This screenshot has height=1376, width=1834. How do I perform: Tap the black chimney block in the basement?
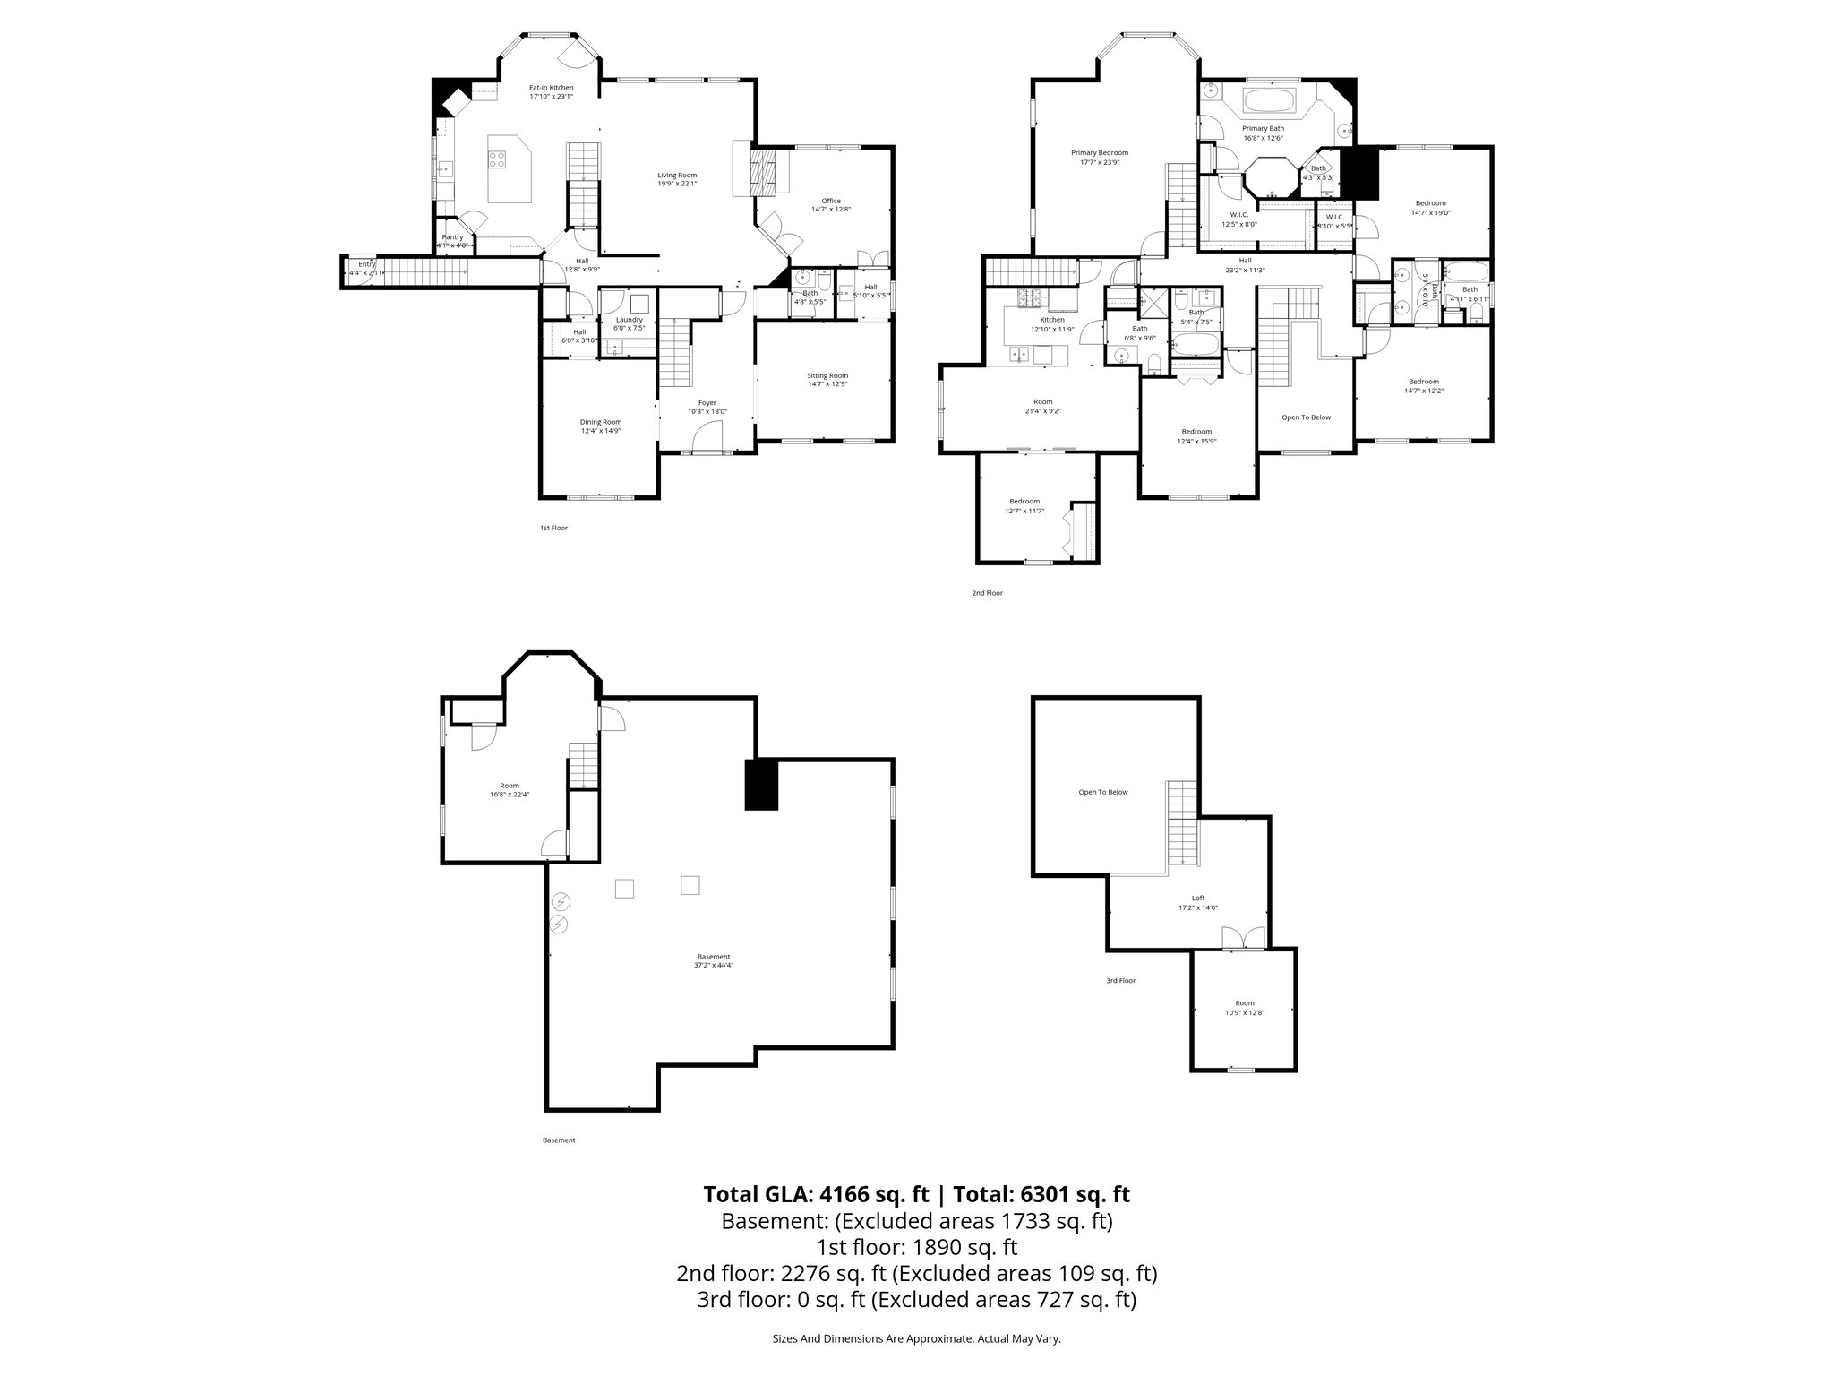pos(761,785)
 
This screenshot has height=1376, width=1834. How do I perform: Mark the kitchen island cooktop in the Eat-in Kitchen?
pos(497,159)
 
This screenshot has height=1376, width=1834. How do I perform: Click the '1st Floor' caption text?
pos(553,528)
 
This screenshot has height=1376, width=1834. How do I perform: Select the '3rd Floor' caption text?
pos(1120,981)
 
